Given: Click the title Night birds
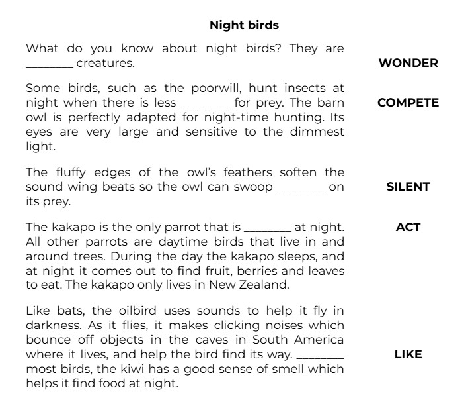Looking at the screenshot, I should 244,25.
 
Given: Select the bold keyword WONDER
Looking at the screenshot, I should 408,63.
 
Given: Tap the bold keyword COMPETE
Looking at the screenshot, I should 408,103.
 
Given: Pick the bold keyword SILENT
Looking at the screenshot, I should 408,187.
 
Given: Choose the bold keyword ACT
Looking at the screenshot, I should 408,227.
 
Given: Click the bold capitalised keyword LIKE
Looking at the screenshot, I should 408,354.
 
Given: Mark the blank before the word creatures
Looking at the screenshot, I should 49,65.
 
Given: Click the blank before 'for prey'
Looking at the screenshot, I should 204,104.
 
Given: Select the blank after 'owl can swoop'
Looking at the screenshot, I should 301,188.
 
